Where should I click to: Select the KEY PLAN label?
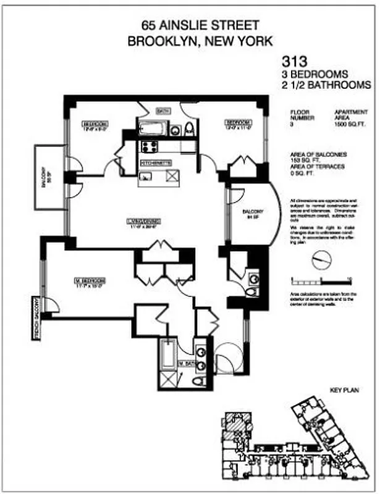(345, 390)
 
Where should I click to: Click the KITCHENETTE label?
(156, 163)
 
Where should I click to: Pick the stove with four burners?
(150, 147)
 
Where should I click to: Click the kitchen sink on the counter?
(146, 177)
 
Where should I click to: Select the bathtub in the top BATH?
(152, 130)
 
